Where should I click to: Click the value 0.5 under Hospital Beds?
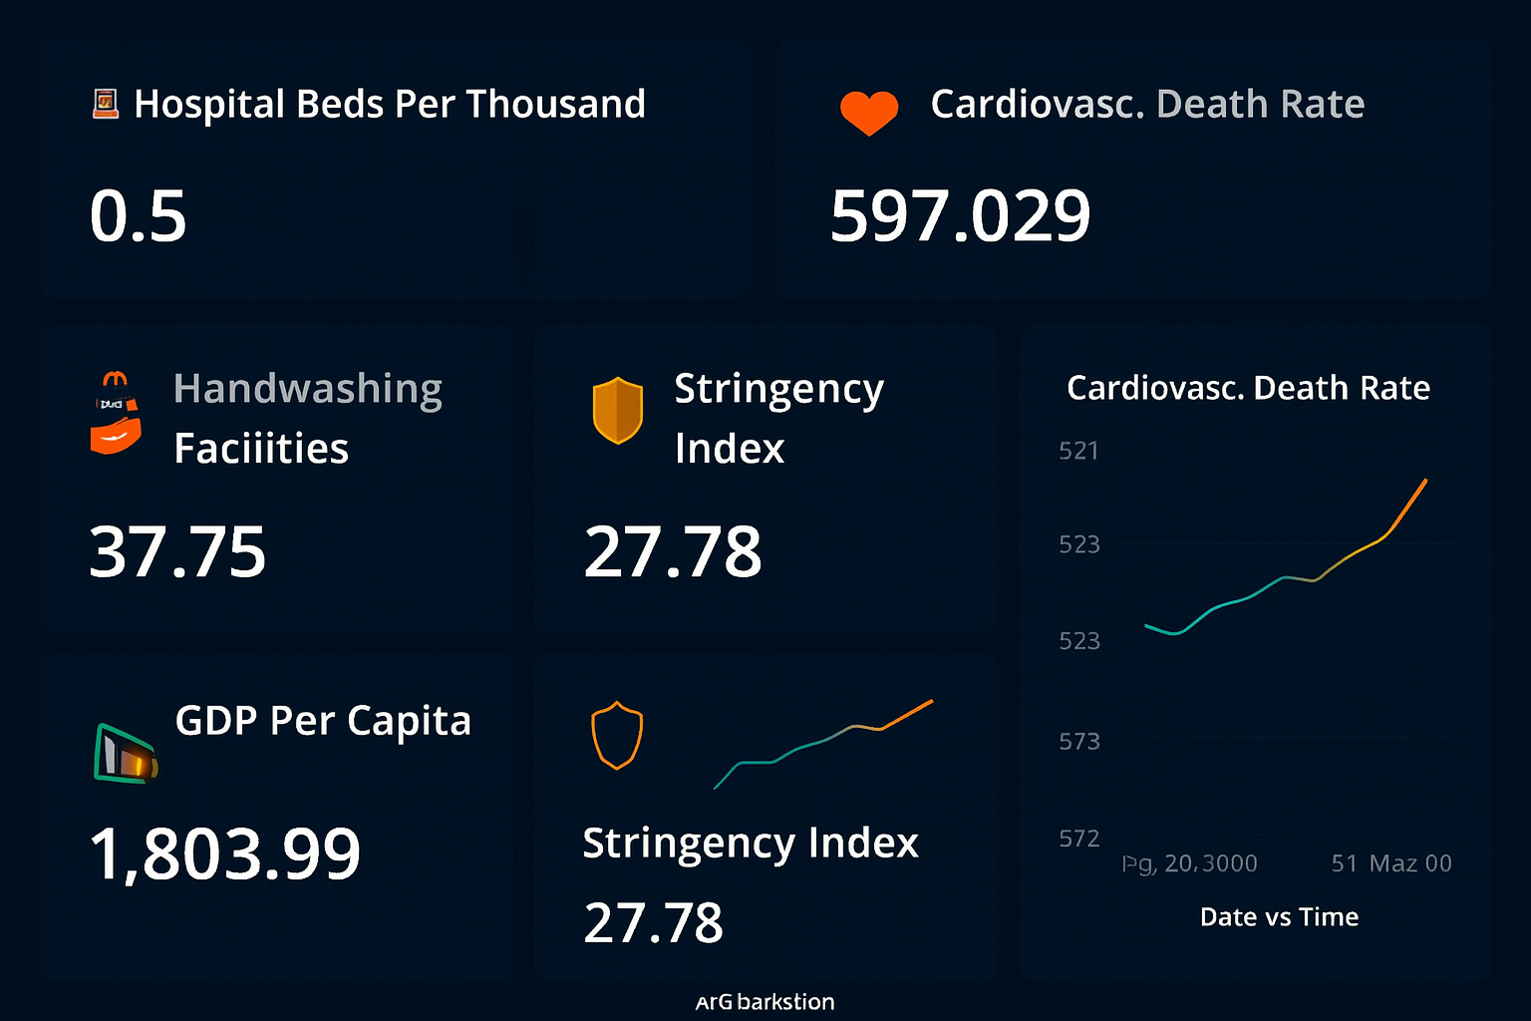coord(139,216)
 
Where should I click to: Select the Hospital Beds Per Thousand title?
coord(390,105)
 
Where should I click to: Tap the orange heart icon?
coord(869,112)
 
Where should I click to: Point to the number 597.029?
coord(960,216)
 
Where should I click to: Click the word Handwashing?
coord(307,389)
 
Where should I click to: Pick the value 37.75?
coord(177,552)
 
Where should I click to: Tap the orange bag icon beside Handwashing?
coord(116,414)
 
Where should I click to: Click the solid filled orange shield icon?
coord(618,410)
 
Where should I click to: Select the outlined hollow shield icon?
coord(617,736)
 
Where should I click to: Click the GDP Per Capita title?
coord(323,721)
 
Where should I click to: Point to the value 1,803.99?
coord(225,854)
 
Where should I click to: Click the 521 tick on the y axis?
coord(1078,452)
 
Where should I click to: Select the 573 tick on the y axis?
coord(1078,742)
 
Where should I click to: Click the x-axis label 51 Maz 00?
coord(1391,863)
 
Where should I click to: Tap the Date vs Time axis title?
coord(1279,917)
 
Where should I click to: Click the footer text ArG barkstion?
coord(765,1002)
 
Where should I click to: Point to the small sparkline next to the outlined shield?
coord(823,744)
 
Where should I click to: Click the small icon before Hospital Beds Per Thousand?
coord(106,104)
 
